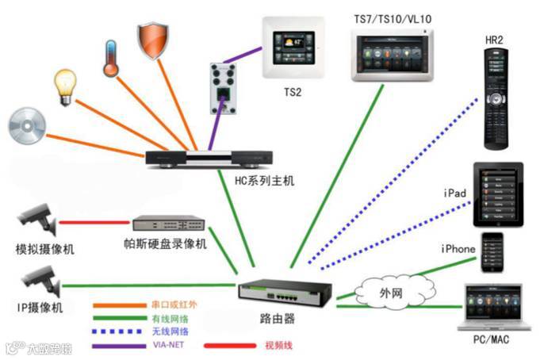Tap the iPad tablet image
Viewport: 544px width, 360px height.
point(497,193)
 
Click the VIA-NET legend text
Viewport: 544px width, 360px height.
point(167,346)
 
